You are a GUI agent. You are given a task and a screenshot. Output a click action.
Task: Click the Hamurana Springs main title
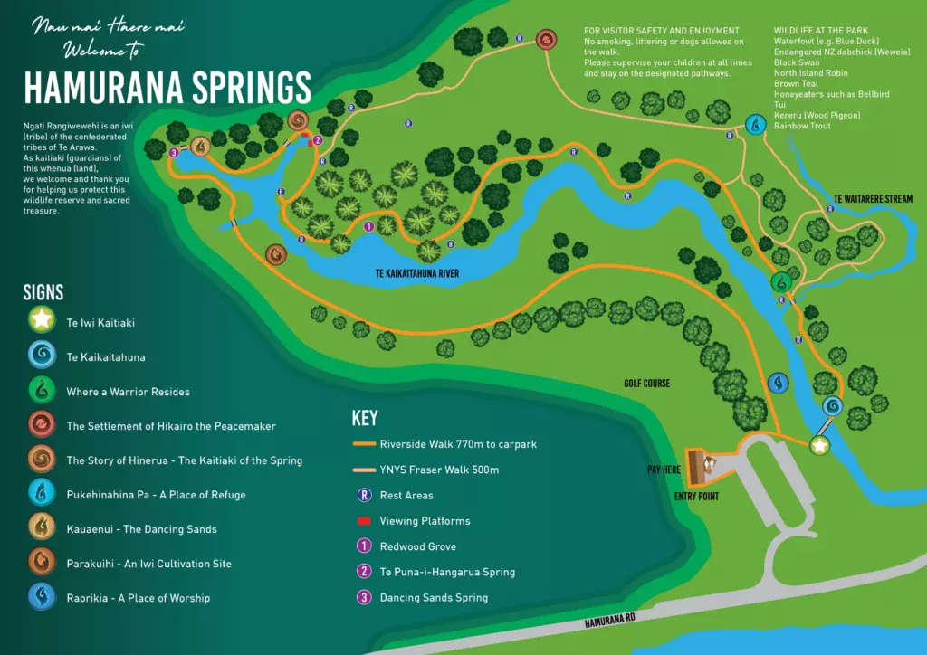point(167,88)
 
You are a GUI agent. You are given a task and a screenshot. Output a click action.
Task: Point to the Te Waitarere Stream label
point(873,199)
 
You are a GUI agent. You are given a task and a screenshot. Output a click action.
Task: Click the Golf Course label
point(646,384)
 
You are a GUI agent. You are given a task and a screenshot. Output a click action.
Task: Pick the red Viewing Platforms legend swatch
point(364,521)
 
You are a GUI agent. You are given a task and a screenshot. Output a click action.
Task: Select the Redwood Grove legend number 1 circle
point(364,546)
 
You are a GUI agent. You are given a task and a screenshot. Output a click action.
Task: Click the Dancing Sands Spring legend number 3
point(364,597)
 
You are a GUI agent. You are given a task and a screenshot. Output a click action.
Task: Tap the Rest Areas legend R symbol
point(364,496)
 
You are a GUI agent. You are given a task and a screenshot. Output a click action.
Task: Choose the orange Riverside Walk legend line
point(364,444)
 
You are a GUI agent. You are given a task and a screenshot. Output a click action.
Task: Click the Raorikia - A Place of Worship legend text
point(138,598)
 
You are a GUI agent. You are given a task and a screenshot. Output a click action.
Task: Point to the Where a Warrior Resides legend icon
point(41,390)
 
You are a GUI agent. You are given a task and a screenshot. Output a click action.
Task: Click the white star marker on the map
point(819,445)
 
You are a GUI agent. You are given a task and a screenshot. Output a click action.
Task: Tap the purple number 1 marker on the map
point(368,226)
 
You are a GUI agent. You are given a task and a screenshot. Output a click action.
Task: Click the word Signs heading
point(43,292)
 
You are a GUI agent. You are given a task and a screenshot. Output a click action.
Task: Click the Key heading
point(364,418)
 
